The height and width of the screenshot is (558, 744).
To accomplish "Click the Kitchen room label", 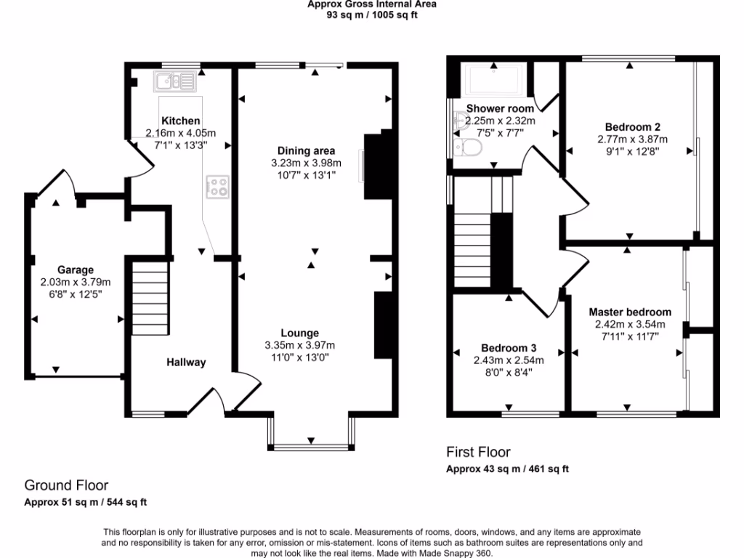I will click(x=181, y=121).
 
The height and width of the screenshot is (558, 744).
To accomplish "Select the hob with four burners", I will click(x=218, y=187).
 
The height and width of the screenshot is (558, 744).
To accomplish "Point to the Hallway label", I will click(x=186, y=363).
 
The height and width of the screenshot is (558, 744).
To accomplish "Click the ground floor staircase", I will click(x=150, y=298).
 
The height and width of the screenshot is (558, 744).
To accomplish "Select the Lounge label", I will click(x=301, y=333).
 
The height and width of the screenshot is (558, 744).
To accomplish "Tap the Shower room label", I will click(x=490, y=109).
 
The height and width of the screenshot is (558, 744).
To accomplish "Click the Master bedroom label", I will click(x=630, y=312).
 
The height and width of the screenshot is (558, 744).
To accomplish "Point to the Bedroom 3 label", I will click(x=509, y=347).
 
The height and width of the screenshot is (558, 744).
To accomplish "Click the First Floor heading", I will click(x=478, y=452).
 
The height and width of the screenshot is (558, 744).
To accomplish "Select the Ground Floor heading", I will click(x=67, y=485).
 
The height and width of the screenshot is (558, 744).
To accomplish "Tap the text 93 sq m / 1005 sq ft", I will click(x=372, y=15).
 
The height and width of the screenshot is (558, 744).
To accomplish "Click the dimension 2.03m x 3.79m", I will click(x=76, y=282).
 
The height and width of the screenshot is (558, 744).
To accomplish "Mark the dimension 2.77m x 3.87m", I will click(x=632, y=139).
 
